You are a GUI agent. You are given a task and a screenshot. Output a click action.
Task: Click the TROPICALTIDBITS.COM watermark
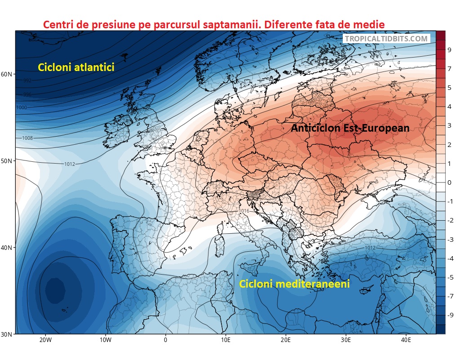click(x=386, y=39)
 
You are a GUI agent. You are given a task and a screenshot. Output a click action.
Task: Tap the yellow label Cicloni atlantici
click(x=76, y=67)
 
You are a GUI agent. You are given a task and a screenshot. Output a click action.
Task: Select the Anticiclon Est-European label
click(x=350, y=128)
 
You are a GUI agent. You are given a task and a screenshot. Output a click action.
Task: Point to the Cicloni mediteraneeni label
click(x=294, y=284)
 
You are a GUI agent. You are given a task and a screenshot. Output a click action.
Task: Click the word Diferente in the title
click(x=291, y=24)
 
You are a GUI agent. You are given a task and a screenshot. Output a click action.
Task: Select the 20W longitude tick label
click(x=45, y=340)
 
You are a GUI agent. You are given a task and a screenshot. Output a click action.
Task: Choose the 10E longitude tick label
click(x=226, y=340)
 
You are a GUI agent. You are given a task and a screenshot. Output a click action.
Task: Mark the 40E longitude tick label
click(x=406, y=340)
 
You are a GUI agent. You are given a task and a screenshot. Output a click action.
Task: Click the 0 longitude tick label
click(x=165, y=340)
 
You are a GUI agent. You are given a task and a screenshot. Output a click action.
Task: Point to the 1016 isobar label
click(x=244, y=211)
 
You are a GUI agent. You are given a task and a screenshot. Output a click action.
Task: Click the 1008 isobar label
click(x=27, y=138)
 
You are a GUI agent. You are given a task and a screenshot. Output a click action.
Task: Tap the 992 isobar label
click(x=27, y=81)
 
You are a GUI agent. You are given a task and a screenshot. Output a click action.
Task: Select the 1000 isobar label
click(x=22, y=108)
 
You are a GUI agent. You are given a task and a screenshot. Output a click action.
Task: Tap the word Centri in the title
click(x=58, y=24)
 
